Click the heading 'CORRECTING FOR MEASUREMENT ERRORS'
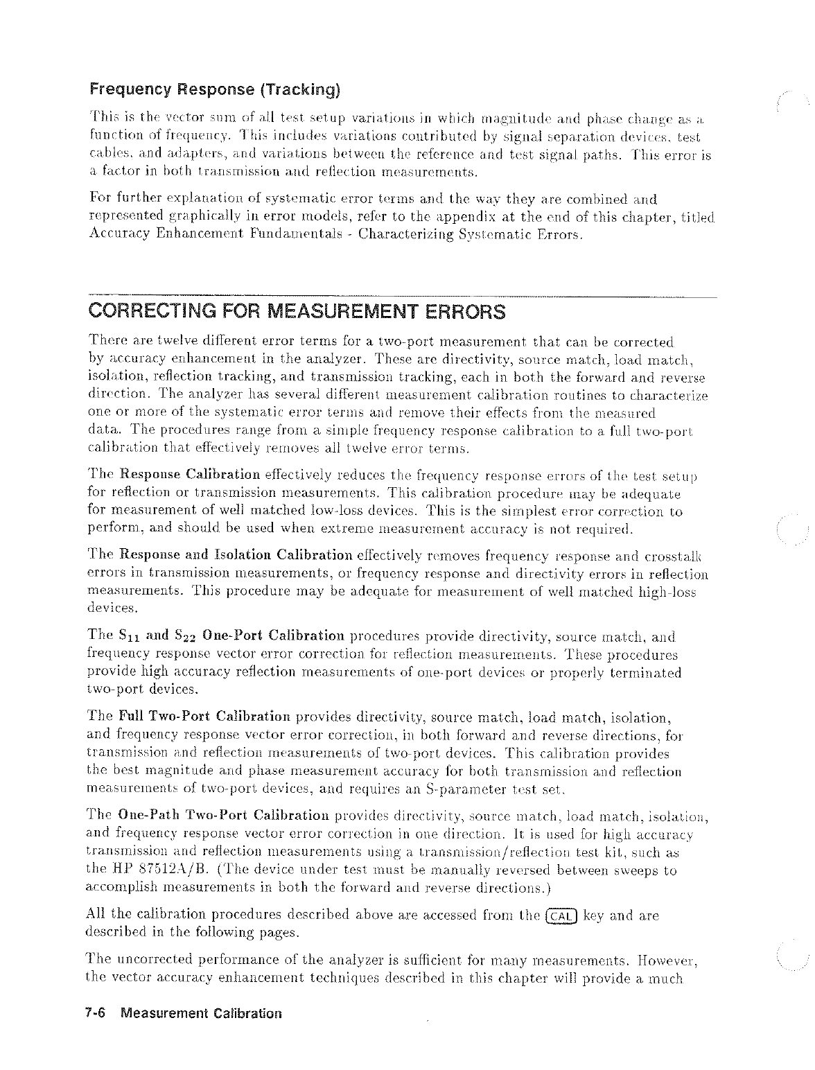pos(297,311)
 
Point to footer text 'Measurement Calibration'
pos(201,1012)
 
